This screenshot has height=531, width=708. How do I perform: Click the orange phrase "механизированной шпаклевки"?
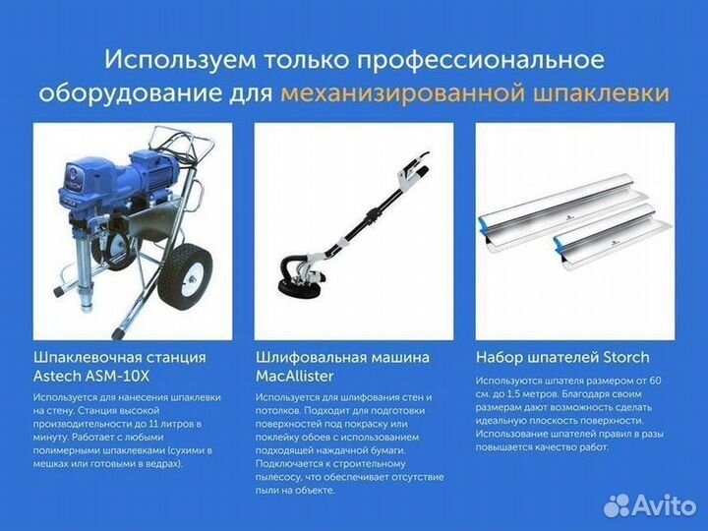point(474,93)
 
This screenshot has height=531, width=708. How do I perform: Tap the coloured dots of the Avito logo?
point(616,505)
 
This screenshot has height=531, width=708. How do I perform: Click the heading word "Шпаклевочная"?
point(87,357)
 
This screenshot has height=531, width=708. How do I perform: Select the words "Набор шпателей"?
point(532,357)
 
